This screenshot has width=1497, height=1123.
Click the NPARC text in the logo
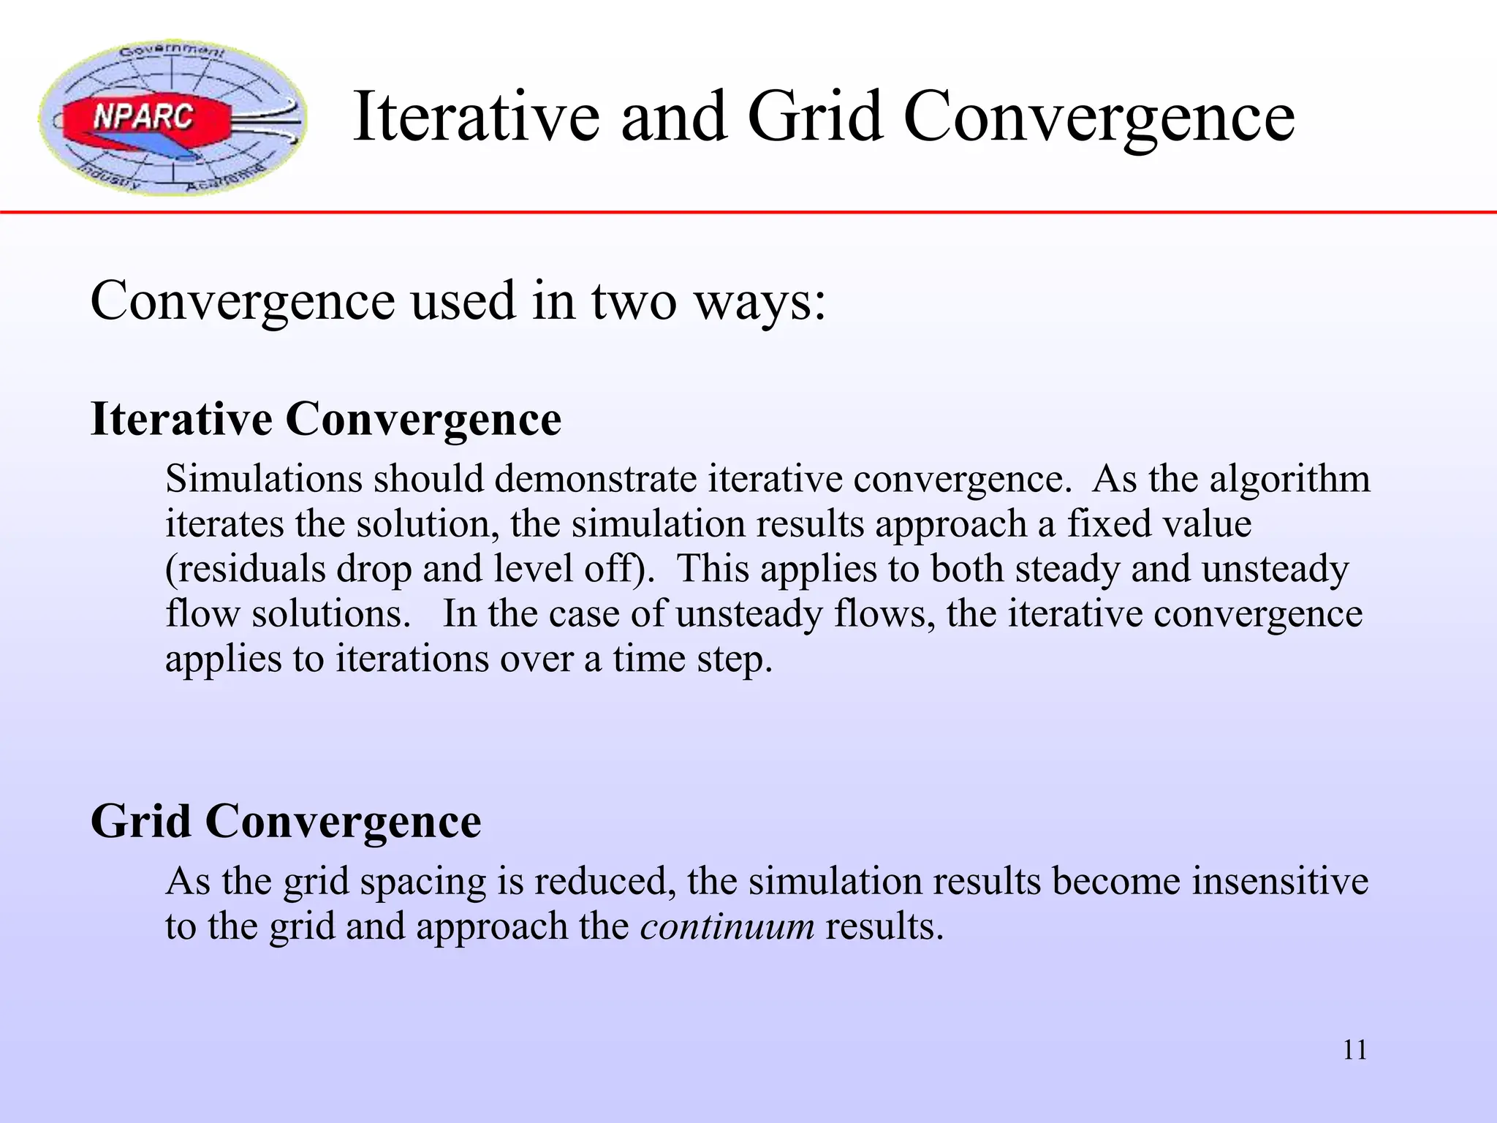[x=143, y=117]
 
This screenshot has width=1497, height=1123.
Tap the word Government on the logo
[x=173, y=51]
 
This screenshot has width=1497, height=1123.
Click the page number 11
[x=1354, y=1050]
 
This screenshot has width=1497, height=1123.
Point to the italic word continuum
[x=727, y=926]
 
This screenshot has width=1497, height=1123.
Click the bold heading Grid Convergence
[x=286, y=821]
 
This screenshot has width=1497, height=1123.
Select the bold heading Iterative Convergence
[x=325, y=419]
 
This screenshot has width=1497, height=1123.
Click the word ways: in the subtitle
[x=760, y=302]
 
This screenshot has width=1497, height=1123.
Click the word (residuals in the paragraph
[x=246, y=570]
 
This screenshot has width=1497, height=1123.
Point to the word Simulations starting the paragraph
[x=264, y=480]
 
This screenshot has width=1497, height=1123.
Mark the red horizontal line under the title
[x=748, y=212]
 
